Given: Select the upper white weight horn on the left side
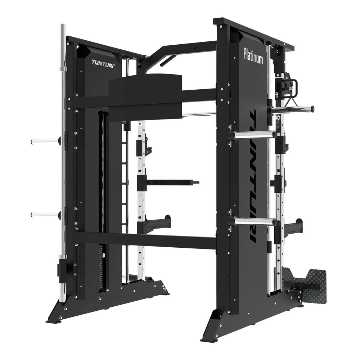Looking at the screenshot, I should coord(45,141).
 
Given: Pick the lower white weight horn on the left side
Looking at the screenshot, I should coord(45,215).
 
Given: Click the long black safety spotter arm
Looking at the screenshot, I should coord(173,182).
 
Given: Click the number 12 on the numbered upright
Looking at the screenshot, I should coord(144,142).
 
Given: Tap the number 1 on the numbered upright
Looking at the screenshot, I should coord(144,269).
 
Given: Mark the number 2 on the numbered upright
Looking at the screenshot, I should coord(144,258).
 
